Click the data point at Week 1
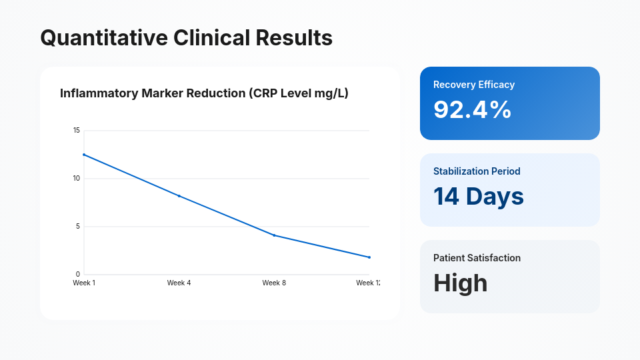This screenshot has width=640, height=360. click(84, 155)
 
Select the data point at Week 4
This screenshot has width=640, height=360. click(179, 196)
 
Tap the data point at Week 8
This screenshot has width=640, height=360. click(274, 235)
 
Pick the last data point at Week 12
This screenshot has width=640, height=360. click(369, 257)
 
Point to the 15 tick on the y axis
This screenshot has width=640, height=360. click(77, 131)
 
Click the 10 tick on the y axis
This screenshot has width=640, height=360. click(77, 179)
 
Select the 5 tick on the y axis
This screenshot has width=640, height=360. click(77, 227)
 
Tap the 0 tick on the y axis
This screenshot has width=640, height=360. click(77, 274)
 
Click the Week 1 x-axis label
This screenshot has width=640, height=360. click(84, 283)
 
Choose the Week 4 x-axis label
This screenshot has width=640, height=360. click(179, 283)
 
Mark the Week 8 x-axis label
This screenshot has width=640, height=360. click(274, 283)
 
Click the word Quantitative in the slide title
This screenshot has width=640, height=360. click(104, 38)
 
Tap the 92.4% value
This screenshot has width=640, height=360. click(472, 110)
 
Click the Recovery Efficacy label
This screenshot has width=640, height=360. click(474, 85)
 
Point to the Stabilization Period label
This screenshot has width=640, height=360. click(477, 171)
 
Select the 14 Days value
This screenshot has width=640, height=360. click(479, 197)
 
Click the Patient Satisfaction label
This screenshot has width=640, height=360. click(477, 258)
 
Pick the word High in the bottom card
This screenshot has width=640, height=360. click(460, 283)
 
